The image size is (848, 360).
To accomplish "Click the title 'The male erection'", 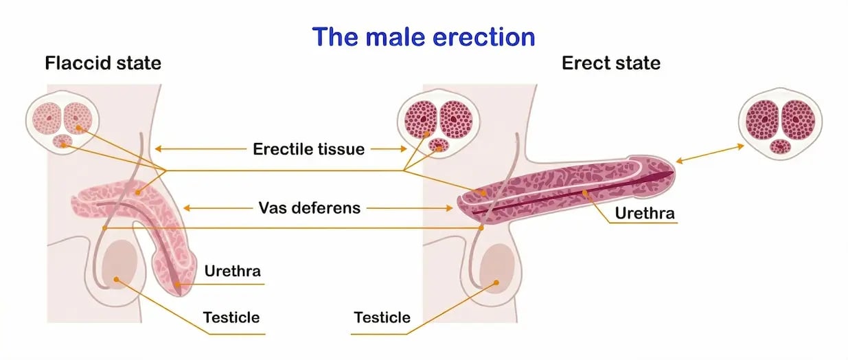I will coord(424,36).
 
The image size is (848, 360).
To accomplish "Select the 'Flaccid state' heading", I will coord(103,64).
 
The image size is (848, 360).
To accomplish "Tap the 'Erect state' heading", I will coord(611,64).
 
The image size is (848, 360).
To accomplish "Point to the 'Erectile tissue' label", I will coord(308,149).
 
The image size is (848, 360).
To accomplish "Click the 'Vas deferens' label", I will coord(309,207).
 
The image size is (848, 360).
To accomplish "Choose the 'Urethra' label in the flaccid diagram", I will coord(233,271).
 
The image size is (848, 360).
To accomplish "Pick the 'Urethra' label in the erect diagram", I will coord(645,213).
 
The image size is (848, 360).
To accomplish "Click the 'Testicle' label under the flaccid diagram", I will coord(231,317).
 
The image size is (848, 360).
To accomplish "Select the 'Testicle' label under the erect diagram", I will coord(382,317).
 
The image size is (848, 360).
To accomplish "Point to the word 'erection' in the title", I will coord(477,36).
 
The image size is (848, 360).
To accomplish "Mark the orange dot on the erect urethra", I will coord(585,194).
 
